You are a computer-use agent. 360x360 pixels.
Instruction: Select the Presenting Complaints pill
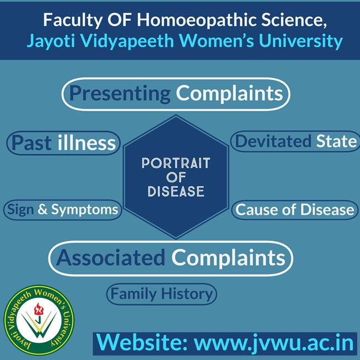(176, 94)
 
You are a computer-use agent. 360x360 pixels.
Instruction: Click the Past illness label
(64, 143)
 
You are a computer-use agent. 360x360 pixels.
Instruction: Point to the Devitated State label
(296, 141)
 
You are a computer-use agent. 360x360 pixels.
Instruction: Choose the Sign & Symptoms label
(63, 209)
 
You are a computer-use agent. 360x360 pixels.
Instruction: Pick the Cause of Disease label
(295, 209)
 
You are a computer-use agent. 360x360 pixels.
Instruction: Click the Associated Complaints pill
(171, 259)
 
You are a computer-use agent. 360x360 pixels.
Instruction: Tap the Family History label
(162, 294)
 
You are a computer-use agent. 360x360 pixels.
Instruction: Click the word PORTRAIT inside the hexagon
(176, 163)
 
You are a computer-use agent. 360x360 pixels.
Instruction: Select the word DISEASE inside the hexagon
(176, 191)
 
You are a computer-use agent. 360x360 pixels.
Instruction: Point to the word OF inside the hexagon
(176, 177)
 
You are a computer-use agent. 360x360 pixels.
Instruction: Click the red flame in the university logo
(39, 309)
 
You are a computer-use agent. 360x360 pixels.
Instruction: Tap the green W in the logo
(39, 326)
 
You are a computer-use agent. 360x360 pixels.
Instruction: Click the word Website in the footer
(142, 342)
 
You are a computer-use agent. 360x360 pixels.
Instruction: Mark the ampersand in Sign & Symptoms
(43, 209)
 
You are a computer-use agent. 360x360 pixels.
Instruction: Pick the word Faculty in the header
(73, 20)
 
